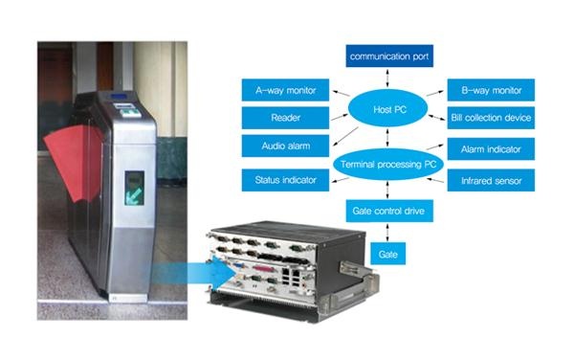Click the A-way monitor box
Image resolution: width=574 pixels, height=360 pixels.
[284, 90]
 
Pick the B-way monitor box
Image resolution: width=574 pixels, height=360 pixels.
[490, 90]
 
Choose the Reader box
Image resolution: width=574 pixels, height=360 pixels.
[284, 117]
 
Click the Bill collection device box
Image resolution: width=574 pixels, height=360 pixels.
[490, 118]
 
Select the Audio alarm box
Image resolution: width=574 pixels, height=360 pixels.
[284, 146]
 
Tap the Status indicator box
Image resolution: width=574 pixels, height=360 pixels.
[284, 180]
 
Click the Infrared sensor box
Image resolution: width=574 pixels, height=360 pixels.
[490, 180]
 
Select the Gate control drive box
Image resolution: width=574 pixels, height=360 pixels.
[387, 211]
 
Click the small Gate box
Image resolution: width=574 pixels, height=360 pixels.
[387, 254]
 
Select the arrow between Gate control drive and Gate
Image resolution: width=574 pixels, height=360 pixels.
[386, 233]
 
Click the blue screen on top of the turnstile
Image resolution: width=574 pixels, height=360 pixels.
[119, 97]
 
